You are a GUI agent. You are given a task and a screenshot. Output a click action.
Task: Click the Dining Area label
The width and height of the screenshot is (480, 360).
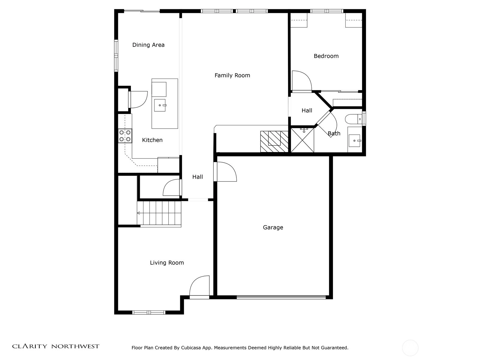pyautogui.click(x=148, y=45)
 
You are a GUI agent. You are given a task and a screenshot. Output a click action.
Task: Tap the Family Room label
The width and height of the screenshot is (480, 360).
pyautogui.click(x=232, y=75)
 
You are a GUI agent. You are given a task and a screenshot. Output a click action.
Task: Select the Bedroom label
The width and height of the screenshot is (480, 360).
pyautogui.click(x=326, y=56)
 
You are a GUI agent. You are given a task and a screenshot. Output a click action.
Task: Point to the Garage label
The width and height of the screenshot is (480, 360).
pyautogui.click(x=273, y=227)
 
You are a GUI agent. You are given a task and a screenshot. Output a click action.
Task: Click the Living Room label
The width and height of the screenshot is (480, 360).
pyautogui.click(x=167, y=262)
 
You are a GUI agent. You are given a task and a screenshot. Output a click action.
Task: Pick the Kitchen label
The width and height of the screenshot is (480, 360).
pyautogui.click(x=152, y=140)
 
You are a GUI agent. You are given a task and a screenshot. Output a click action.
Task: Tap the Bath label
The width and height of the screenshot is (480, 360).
pyautogui.click(x=334, y=133)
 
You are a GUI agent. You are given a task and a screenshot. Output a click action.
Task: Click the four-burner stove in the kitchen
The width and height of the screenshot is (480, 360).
pyautogui.click(x=125, y=136)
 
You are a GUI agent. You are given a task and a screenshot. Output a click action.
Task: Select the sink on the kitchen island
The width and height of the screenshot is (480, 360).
pyautogui.click(x=160, y=105)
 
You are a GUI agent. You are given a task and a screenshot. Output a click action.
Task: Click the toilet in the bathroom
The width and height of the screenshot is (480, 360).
pyautogui.click(x=353, y=119)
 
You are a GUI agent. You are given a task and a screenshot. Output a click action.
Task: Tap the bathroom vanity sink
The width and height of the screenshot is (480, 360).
pyautogui.click(x=354, y=140)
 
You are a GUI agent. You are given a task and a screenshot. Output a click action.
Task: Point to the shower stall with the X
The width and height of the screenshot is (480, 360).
pyautogui.click(x=302, y=140)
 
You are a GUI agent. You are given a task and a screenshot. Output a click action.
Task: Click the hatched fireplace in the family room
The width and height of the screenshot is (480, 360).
pyautogui.click(x=274, y=141)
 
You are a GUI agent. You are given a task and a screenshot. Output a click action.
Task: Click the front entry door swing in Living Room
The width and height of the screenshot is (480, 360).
pyautogui.click(x=199, y=286)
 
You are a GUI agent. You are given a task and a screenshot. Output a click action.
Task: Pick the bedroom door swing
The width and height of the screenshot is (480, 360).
pyautogui.click(x=302, y=80)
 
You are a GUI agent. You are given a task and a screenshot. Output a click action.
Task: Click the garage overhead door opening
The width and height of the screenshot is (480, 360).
pyautogui.click(x=281, y=297)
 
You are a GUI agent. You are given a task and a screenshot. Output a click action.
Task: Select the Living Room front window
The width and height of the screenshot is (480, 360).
pyautogui.click(x=149, y=313)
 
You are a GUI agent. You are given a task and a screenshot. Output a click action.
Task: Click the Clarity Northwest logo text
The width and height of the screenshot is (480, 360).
pyautogui.click(x=55, y=346)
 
